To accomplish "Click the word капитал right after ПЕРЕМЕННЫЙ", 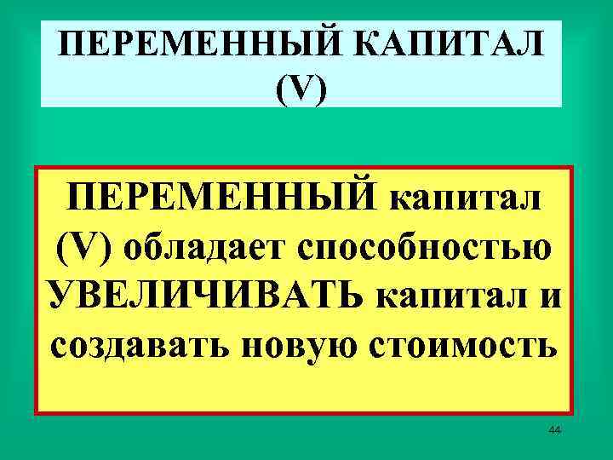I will click(468, 198).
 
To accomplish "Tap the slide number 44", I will click(554, 432).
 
